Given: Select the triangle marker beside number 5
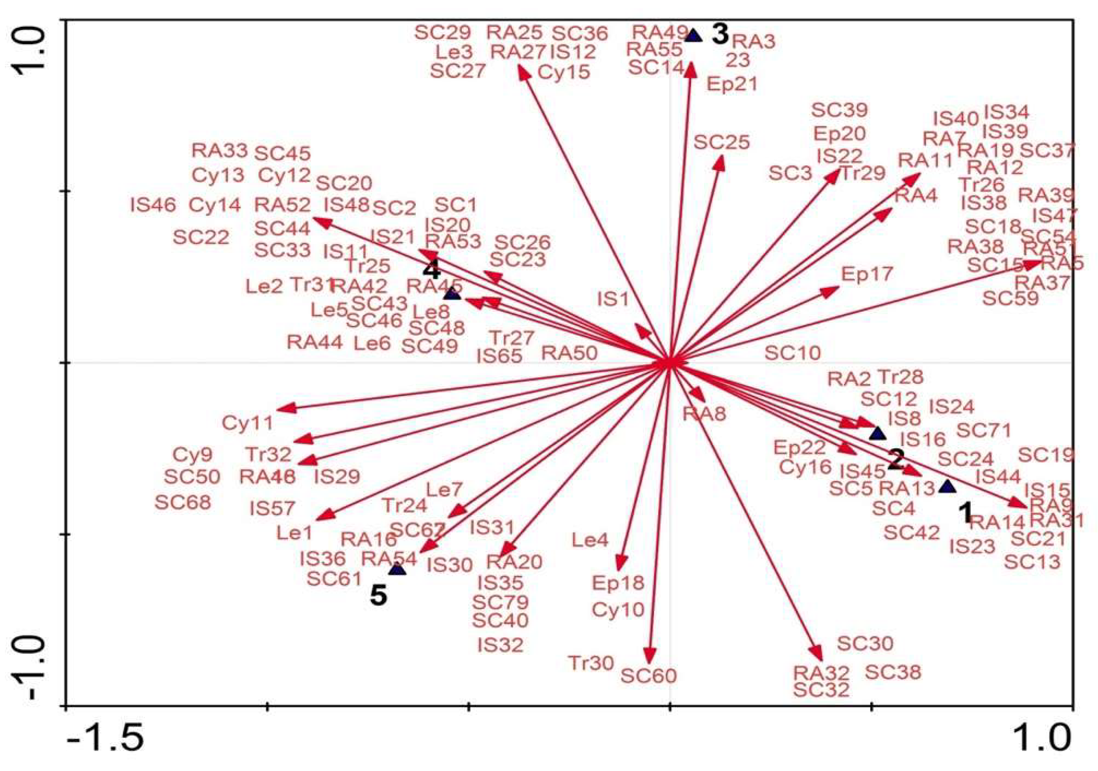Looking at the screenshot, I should coord(397,569).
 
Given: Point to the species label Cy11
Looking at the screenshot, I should coord(247,423).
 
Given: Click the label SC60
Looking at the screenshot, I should coord(649,675).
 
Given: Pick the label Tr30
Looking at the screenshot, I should coord(591,663).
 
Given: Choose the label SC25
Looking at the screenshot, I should coord(721,142).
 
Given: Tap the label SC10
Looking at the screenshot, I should coord(792,353).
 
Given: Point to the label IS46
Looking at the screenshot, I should coord(153,205).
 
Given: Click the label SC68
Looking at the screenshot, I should coord(183,502).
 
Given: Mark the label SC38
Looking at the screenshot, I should coord(892,673).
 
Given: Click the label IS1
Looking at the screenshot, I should coord(613,299).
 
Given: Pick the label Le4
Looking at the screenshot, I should coord(590,540).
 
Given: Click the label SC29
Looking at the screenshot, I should coord(443,32).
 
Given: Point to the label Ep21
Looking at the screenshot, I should coord(732,84).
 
